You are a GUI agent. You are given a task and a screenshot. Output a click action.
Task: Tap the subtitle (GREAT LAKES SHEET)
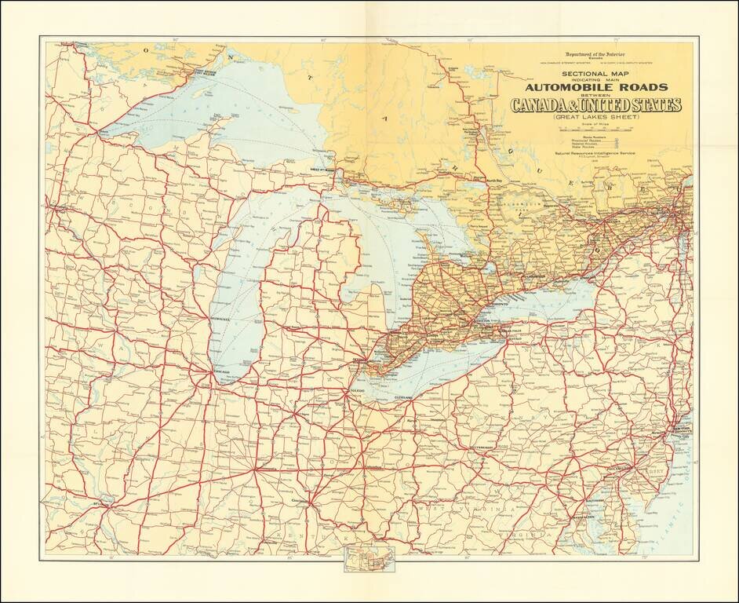[596, 116]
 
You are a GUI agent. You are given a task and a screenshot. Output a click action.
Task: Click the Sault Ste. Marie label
[326, 170]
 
